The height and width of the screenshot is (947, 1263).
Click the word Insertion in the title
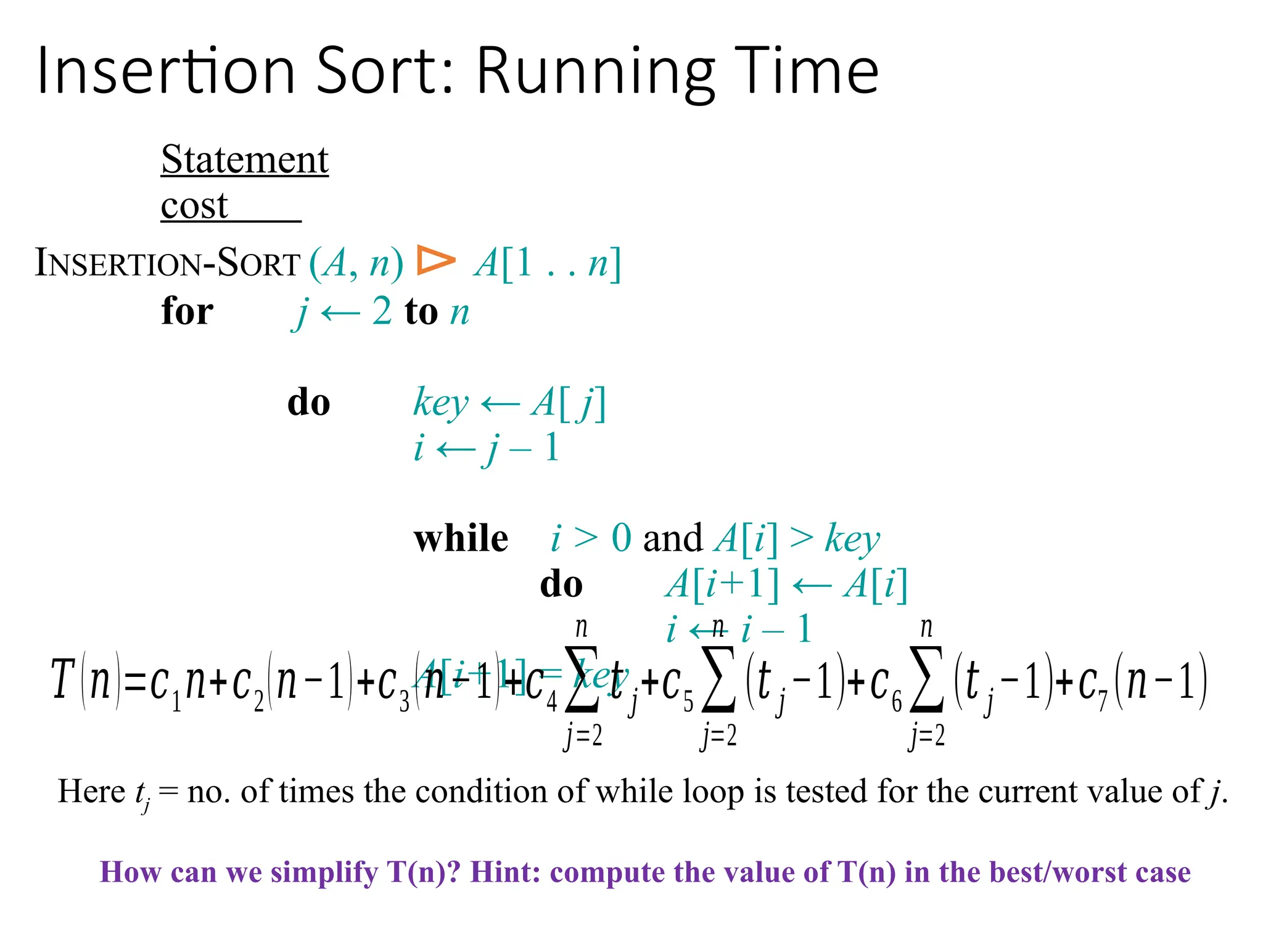point(167,72)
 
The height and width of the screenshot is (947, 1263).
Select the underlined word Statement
point(245,160)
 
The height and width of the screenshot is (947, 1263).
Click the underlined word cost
point(195,205)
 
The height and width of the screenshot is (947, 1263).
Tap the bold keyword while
point(461,538)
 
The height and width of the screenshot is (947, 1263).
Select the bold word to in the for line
point(421,311)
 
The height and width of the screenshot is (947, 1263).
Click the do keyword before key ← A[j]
point(308,403)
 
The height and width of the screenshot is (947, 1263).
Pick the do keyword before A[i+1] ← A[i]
point(561,584)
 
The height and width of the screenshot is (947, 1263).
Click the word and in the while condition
point(672,538)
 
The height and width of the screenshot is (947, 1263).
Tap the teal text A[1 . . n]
point(547,263)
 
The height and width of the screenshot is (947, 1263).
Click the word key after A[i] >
point(852,539)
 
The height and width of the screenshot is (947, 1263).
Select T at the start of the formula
point(63,680)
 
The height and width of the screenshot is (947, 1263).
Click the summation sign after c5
point(719,679)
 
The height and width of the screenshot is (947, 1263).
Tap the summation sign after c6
point(927,679)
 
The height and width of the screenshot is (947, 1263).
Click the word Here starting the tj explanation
point(91,791)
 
